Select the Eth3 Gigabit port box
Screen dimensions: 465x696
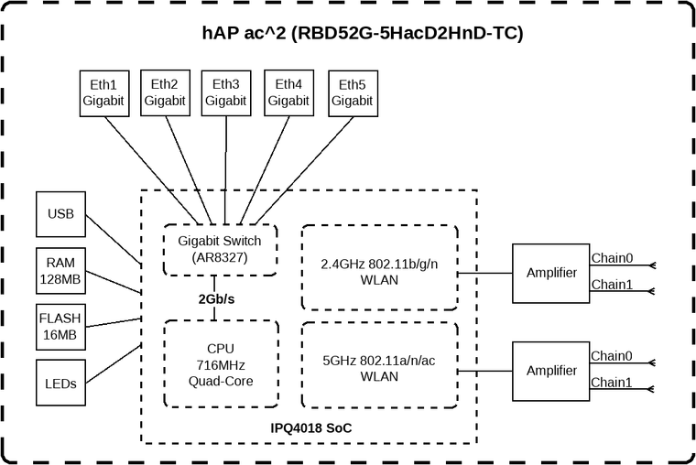[225, 92]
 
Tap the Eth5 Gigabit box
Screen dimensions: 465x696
[352, 92]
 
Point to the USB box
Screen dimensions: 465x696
[61, 215]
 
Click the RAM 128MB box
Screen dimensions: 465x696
[61, 270]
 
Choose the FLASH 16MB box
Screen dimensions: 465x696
[61, 327]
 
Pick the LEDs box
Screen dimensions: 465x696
[61, 383]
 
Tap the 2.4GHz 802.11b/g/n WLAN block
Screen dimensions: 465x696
[379, 272]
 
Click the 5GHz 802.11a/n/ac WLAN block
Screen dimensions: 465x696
[379, 369]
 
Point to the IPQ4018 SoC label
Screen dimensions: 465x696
[310, 427]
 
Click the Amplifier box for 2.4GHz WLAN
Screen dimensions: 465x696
[551, 273]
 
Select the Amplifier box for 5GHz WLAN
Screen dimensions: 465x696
[551, 371]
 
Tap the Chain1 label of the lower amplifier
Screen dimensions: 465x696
[612, 382]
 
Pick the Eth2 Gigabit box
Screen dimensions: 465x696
[163, 92]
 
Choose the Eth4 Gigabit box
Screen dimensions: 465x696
[288, 92]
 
